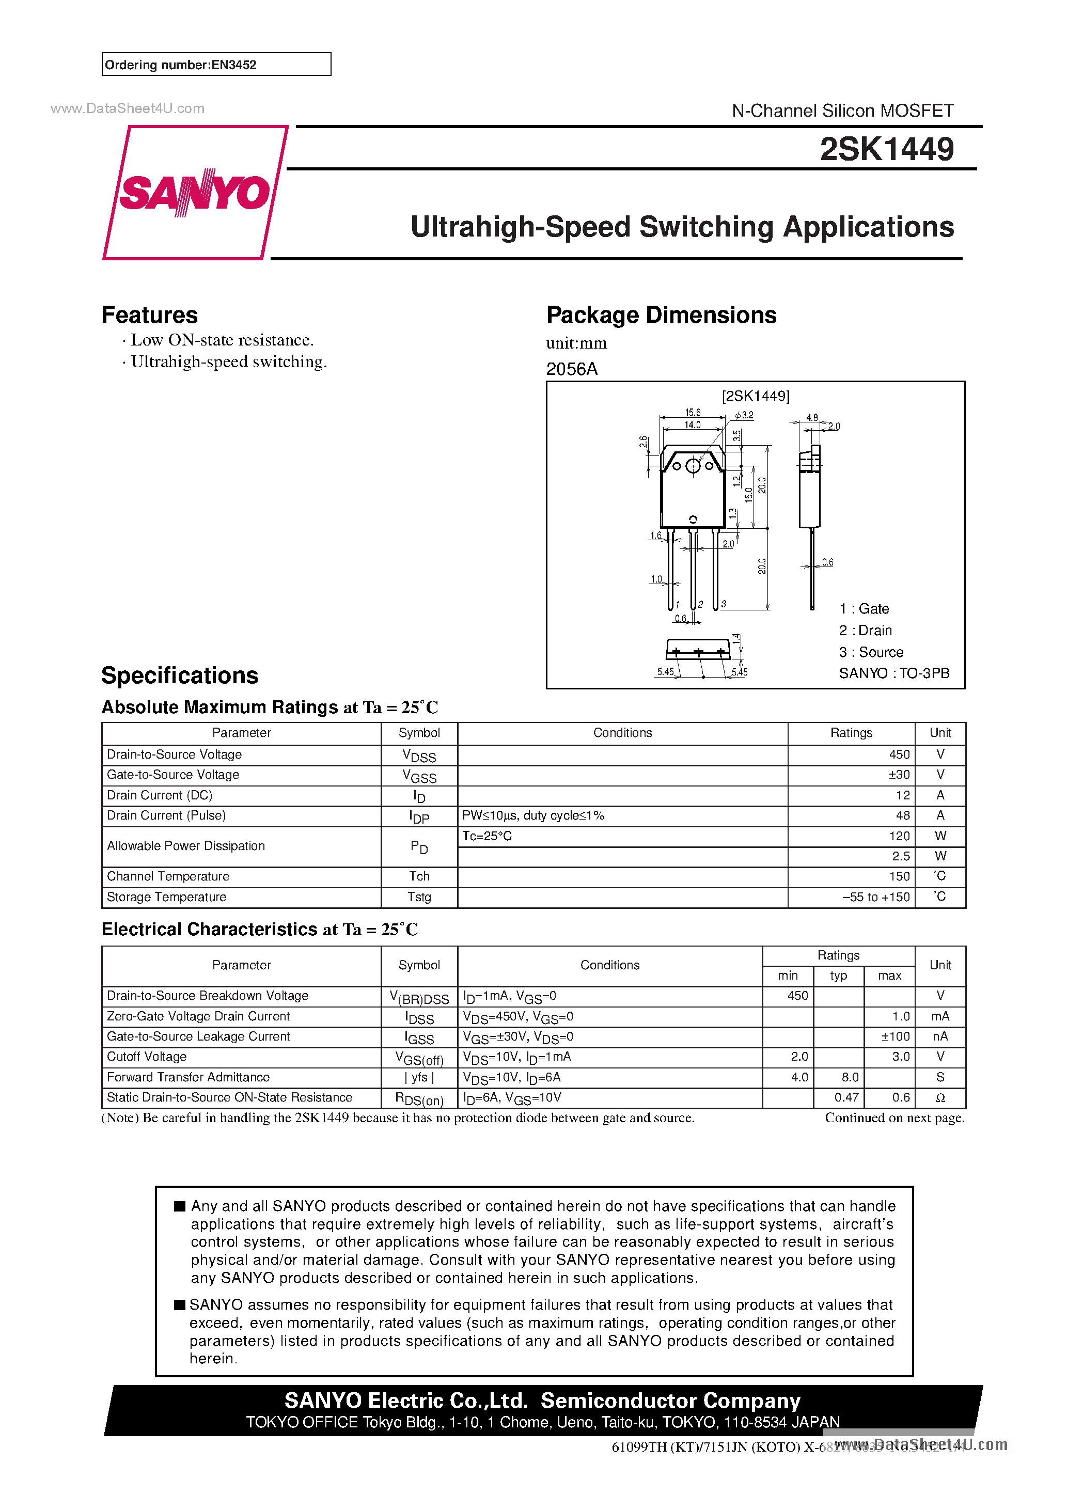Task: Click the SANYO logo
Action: coord(195,192)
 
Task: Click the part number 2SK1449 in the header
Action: coord(886,149)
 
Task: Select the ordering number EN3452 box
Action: coord(216,65)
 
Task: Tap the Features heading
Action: coord(149,315)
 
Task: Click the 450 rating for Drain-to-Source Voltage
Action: coord(899,754)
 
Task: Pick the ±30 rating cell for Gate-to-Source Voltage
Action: coord(899,775)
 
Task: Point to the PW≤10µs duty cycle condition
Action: coord(533,815)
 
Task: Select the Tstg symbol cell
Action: coord(419,897)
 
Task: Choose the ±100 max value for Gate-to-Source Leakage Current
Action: coord(896,1036)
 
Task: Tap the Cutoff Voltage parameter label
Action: coord(147,1057)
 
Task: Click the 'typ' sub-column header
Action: coord(838,976)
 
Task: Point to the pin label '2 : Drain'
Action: coord(865,631)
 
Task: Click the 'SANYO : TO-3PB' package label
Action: coord(894,673)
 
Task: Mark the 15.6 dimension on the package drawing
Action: coord(693,412)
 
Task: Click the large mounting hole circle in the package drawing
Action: coord(693,466)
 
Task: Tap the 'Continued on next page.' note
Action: coord(895,1118)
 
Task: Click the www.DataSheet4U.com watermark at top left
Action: coord(128,108)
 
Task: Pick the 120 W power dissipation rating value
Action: coord(899,836)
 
